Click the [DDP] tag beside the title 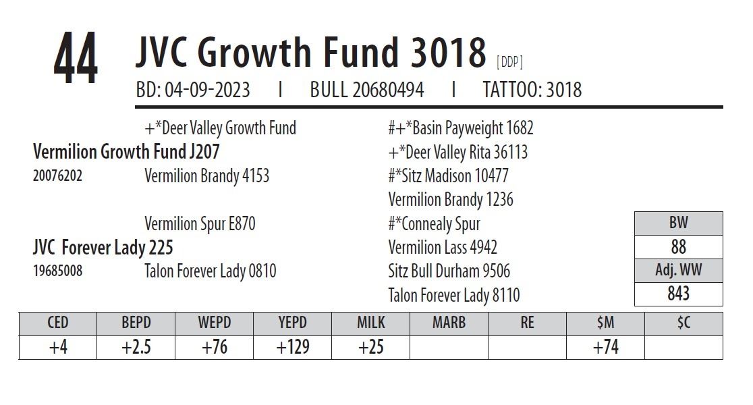[509, 62]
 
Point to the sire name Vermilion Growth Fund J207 [126, 152]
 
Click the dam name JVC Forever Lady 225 [103, 248]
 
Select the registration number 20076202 [57, 176]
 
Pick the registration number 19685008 [57, 272]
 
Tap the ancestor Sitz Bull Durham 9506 [449, 271]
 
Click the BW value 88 [678, 247]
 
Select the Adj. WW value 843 [678, 294]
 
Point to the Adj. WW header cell [678, 271]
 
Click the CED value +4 [58, 347]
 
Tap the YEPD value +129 [293, 347]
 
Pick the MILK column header [371, 323]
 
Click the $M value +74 [606, 347]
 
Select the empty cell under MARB [449, 347]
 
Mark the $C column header [684, 323]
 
